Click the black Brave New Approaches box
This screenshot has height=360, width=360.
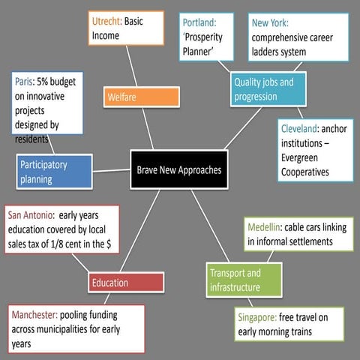coord(179,169)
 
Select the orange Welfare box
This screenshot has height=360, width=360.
coord(142,97)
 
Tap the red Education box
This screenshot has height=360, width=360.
coord(126,283)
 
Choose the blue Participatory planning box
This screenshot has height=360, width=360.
coord(54,172)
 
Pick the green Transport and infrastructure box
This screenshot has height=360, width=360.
coord(244,280)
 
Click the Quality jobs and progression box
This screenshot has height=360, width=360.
coord(268,89)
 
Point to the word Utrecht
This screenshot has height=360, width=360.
coord(106,21)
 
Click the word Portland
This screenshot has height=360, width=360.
coord(199,22)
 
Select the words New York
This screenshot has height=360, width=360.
coord(270,22)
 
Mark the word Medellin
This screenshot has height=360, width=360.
coord(265,227)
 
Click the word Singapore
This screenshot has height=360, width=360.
coord(257,317)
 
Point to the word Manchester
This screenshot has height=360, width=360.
coord(34,315)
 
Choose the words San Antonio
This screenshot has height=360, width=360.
coord(31,215)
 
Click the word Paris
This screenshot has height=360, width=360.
coord(24,82)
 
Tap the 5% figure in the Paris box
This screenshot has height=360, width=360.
coord(43,82)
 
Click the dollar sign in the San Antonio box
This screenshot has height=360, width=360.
coord(109,244)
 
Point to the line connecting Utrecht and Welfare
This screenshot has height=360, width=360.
coord(131,66)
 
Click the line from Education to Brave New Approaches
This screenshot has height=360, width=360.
coord(140,230)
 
